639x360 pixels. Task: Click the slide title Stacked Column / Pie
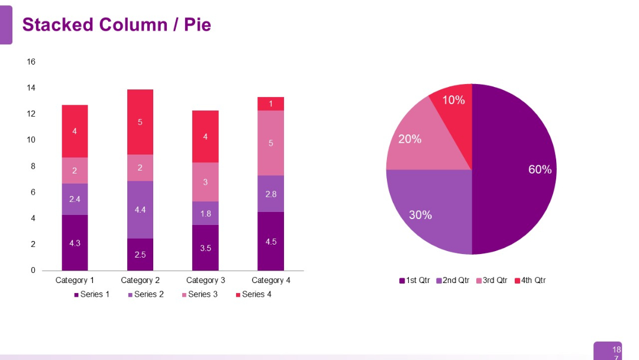click(117, 25)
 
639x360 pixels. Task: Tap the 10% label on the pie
click(453, 100)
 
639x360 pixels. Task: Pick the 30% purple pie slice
click(423, 210)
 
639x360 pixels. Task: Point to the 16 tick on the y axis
click(31, 62)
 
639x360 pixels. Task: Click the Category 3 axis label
click(205, 280)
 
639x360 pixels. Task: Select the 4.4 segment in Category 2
click(140, 210)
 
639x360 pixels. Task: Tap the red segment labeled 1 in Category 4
click(270, 104)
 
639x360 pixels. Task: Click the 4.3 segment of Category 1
click(75, 243)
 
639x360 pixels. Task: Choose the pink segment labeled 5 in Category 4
click(270, 143)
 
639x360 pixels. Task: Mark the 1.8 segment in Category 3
click(205, 213)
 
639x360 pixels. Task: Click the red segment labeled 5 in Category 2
click(140, 122)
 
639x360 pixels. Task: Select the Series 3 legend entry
click(199, 294)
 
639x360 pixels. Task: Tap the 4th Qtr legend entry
click(530, 280)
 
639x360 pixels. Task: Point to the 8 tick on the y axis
click(33, 166)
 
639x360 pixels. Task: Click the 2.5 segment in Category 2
click(140, 255)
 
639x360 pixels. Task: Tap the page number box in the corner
click(608, 351)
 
